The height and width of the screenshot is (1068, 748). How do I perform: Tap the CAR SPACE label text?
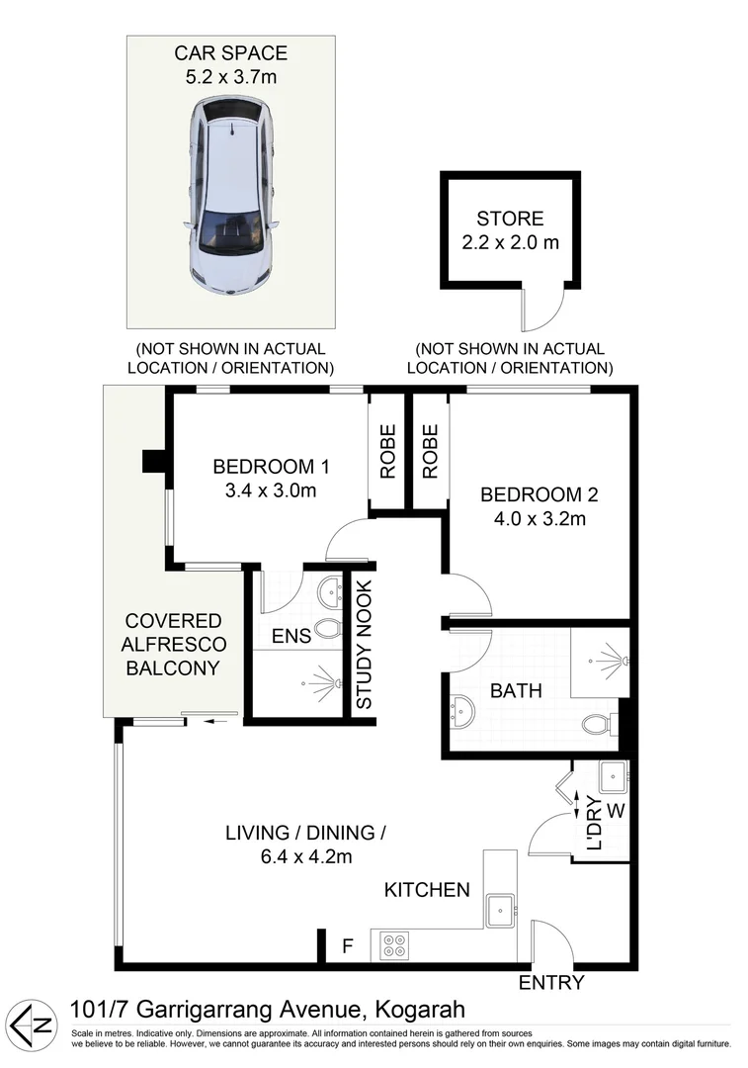(230, 52)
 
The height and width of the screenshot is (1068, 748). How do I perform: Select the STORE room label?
(510, 219)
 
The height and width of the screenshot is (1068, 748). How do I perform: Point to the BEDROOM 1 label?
(271, 467)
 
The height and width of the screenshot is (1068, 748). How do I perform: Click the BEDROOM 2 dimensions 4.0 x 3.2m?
(539, 518)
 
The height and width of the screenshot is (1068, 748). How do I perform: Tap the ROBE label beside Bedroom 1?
(387, 452)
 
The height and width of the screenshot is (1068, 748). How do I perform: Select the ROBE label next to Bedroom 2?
(431, 452)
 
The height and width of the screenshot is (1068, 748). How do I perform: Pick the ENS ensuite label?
(291, 636)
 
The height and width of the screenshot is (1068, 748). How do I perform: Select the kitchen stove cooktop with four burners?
(392, 944)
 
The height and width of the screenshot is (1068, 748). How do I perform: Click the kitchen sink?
(502, 908)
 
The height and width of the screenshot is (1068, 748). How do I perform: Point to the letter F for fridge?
(346, 945)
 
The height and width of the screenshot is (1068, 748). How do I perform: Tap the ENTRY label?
(551, 983)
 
